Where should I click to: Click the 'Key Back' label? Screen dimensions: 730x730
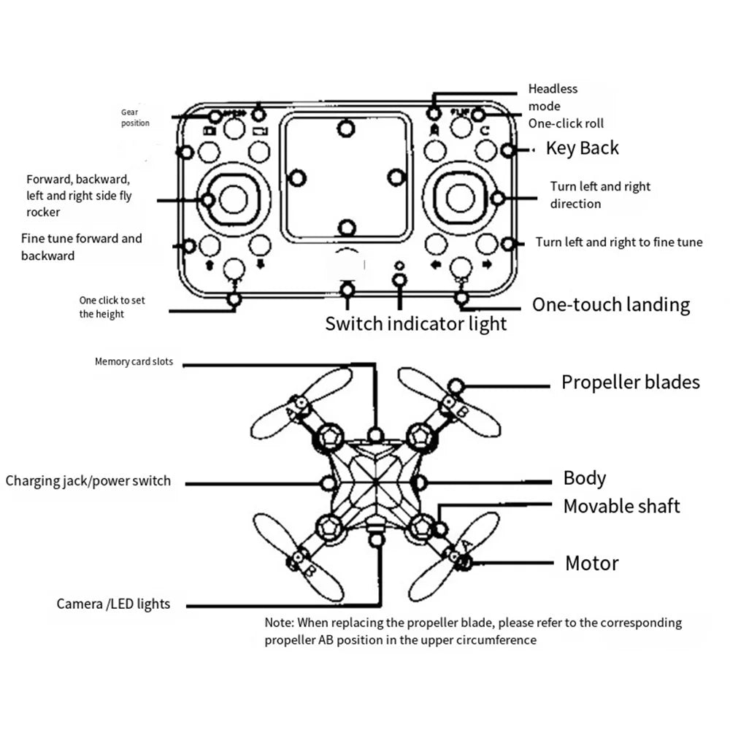pyautogui.click(x=582, y=148)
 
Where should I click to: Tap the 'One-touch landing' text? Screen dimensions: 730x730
pyautogui.click(x=610, y=304)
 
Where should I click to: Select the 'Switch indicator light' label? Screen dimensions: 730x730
pyautogui.click(x=415, y=323)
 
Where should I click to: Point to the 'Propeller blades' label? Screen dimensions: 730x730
pyautogui.click(x=630, y=382)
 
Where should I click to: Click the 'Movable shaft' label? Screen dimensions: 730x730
pyautogui.click(x=621, y=506)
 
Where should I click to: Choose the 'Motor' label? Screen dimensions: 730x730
pyautogui.click(x=591, y=563)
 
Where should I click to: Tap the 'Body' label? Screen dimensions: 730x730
pyautogui.click(x=585, y=478)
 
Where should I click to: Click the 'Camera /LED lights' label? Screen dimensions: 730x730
pyautogui.click(x=113, y=604)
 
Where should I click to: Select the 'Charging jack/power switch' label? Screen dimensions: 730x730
pyautogui.click(x=88, y=481)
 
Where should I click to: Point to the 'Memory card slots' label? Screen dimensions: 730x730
pyautogui.click(x=134, y=361)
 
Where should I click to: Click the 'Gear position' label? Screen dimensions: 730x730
pyautogui.click(x=135, y=118)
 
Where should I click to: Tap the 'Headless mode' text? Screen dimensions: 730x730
pyautogui.click(x=553, y=97)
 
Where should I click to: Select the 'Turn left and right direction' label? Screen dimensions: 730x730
pyautogui.click(x=599, y=195)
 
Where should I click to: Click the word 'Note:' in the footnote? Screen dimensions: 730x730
pyautogui.click(x=278, y=623)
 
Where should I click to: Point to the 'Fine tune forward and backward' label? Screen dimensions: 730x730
pyautogui.click(x=81, y=247)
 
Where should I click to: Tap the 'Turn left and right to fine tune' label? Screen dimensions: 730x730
pyautogui.click(x=618, y=242)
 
